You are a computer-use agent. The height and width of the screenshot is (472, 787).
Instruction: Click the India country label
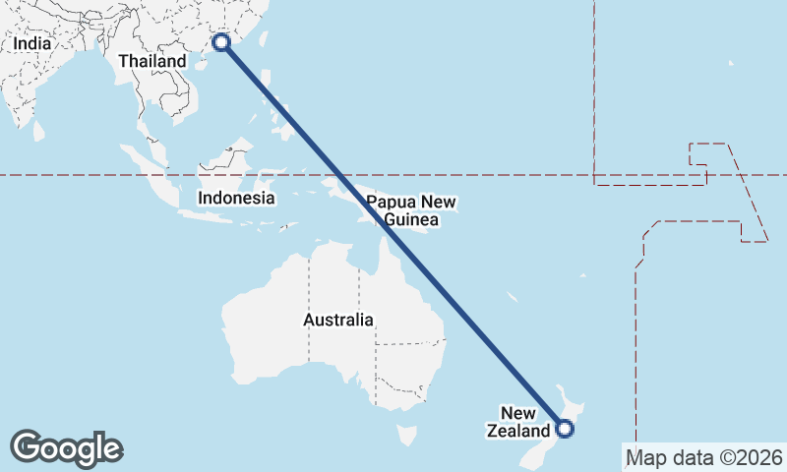[x=32, y=44]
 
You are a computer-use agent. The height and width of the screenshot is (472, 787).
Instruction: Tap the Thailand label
[x=151, y=61]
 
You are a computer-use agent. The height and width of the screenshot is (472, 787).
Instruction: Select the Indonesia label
[x=235, y=198]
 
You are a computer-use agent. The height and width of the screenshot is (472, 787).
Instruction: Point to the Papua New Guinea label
[x=411, y=210]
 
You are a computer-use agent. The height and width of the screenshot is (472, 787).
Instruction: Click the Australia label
[x=337, y=320]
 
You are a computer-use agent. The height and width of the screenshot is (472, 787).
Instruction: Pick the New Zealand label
[x=518, y=422]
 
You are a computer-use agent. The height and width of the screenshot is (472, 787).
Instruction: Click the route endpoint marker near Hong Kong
[x=222, y=42]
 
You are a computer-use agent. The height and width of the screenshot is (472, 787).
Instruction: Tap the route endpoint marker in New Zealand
[x=564, y=428]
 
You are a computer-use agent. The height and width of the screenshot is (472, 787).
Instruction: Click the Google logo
[x=66, y=447]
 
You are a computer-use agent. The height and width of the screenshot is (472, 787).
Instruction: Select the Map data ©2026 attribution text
[x=704, y=457]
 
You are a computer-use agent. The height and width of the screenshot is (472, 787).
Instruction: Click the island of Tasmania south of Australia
[x=404, y=434]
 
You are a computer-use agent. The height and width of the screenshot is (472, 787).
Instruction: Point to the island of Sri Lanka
[x=38, y=129]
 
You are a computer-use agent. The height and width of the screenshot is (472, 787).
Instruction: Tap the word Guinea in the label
[x=411, y=219]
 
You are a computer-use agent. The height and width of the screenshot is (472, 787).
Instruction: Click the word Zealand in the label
[x=518, y=431]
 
